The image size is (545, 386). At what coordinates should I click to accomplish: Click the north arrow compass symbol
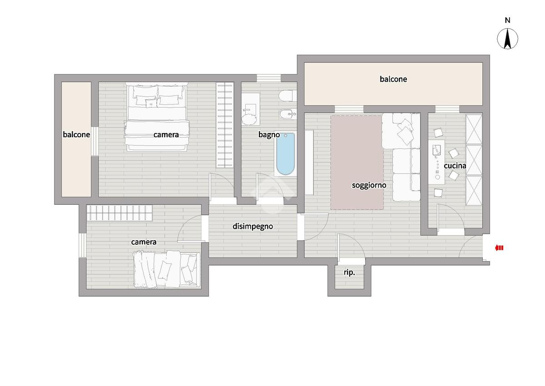tap(508, 39)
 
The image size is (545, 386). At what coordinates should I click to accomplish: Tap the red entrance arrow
tap(499, 248)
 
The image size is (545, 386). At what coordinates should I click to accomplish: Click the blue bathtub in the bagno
tap(285, 154)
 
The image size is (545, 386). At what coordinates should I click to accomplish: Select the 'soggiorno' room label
tap(369, 185)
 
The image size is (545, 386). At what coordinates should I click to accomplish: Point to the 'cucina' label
tap(455, 166)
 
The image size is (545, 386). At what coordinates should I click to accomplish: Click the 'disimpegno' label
tap(253, 227)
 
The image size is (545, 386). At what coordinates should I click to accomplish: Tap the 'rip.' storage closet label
tap(349, 272)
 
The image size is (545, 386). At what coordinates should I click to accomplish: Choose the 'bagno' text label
tap(269, 135)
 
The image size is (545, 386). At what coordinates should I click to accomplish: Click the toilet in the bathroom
tap(288, 96)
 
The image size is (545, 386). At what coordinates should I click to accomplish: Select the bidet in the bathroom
tap(288, 114)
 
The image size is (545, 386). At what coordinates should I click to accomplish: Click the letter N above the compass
tap(508, 20)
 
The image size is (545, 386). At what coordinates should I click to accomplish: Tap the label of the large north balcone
tap(393, 79)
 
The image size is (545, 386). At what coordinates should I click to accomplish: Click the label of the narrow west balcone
tap(76, 135)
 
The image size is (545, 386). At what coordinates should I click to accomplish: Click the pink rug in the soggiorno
tap(357, 162)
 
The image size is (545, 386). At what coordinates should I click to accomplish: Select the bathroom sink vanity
tap(250, 109)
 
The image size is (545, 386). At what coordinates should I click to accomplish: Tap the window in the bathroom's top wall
tap(268, 78)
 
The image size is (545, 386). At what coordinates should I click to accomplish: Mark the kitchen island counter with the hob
tap(437, 162)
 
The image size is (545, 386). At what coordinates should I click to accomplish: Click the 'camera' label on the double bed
tap(166, 135)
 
